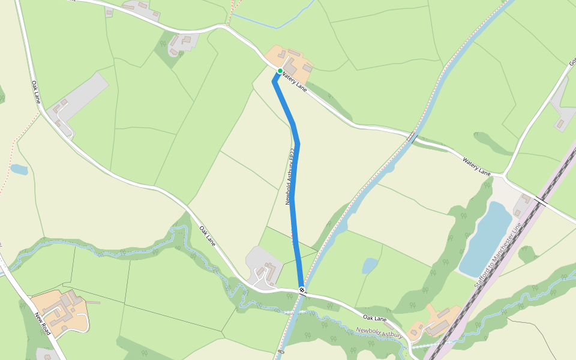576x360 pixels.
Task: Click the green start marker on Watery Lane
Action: click(280, 71)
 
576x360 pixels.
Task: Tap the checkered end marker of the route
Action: click(302, 290)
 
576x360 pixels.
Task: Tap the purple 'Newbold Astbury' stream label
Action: click(379, 332)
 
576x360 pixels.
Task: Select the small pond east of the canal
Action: click(370, 265)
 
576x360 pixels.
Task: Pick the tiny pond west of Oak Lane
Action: click(19, 169)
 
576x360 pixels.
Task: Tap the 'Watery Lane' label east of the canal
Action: click(476, 166)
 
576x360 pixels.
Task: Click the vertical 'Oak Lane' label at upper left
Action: click(35, 91)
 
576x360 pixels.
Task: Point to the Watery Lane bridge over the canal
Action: click(412, 137)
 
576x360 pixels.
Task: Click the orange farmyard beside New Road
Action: click(60, 309)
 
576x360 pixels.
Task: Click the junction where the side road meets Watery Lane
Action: click(505, 176)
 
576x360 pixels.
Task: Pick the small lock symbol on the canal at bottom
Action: click(281, 352)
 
